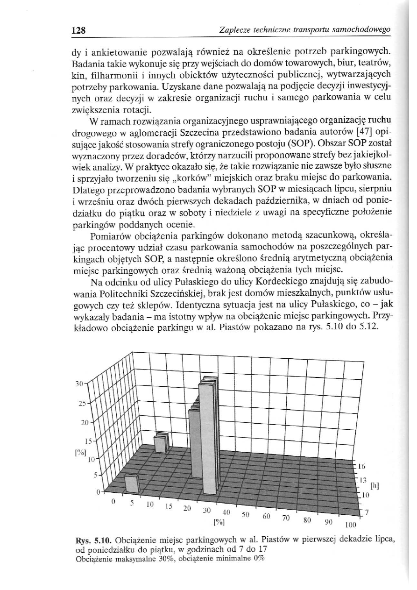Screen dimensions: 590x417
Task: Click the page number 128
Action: click(x=78, y=31)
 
